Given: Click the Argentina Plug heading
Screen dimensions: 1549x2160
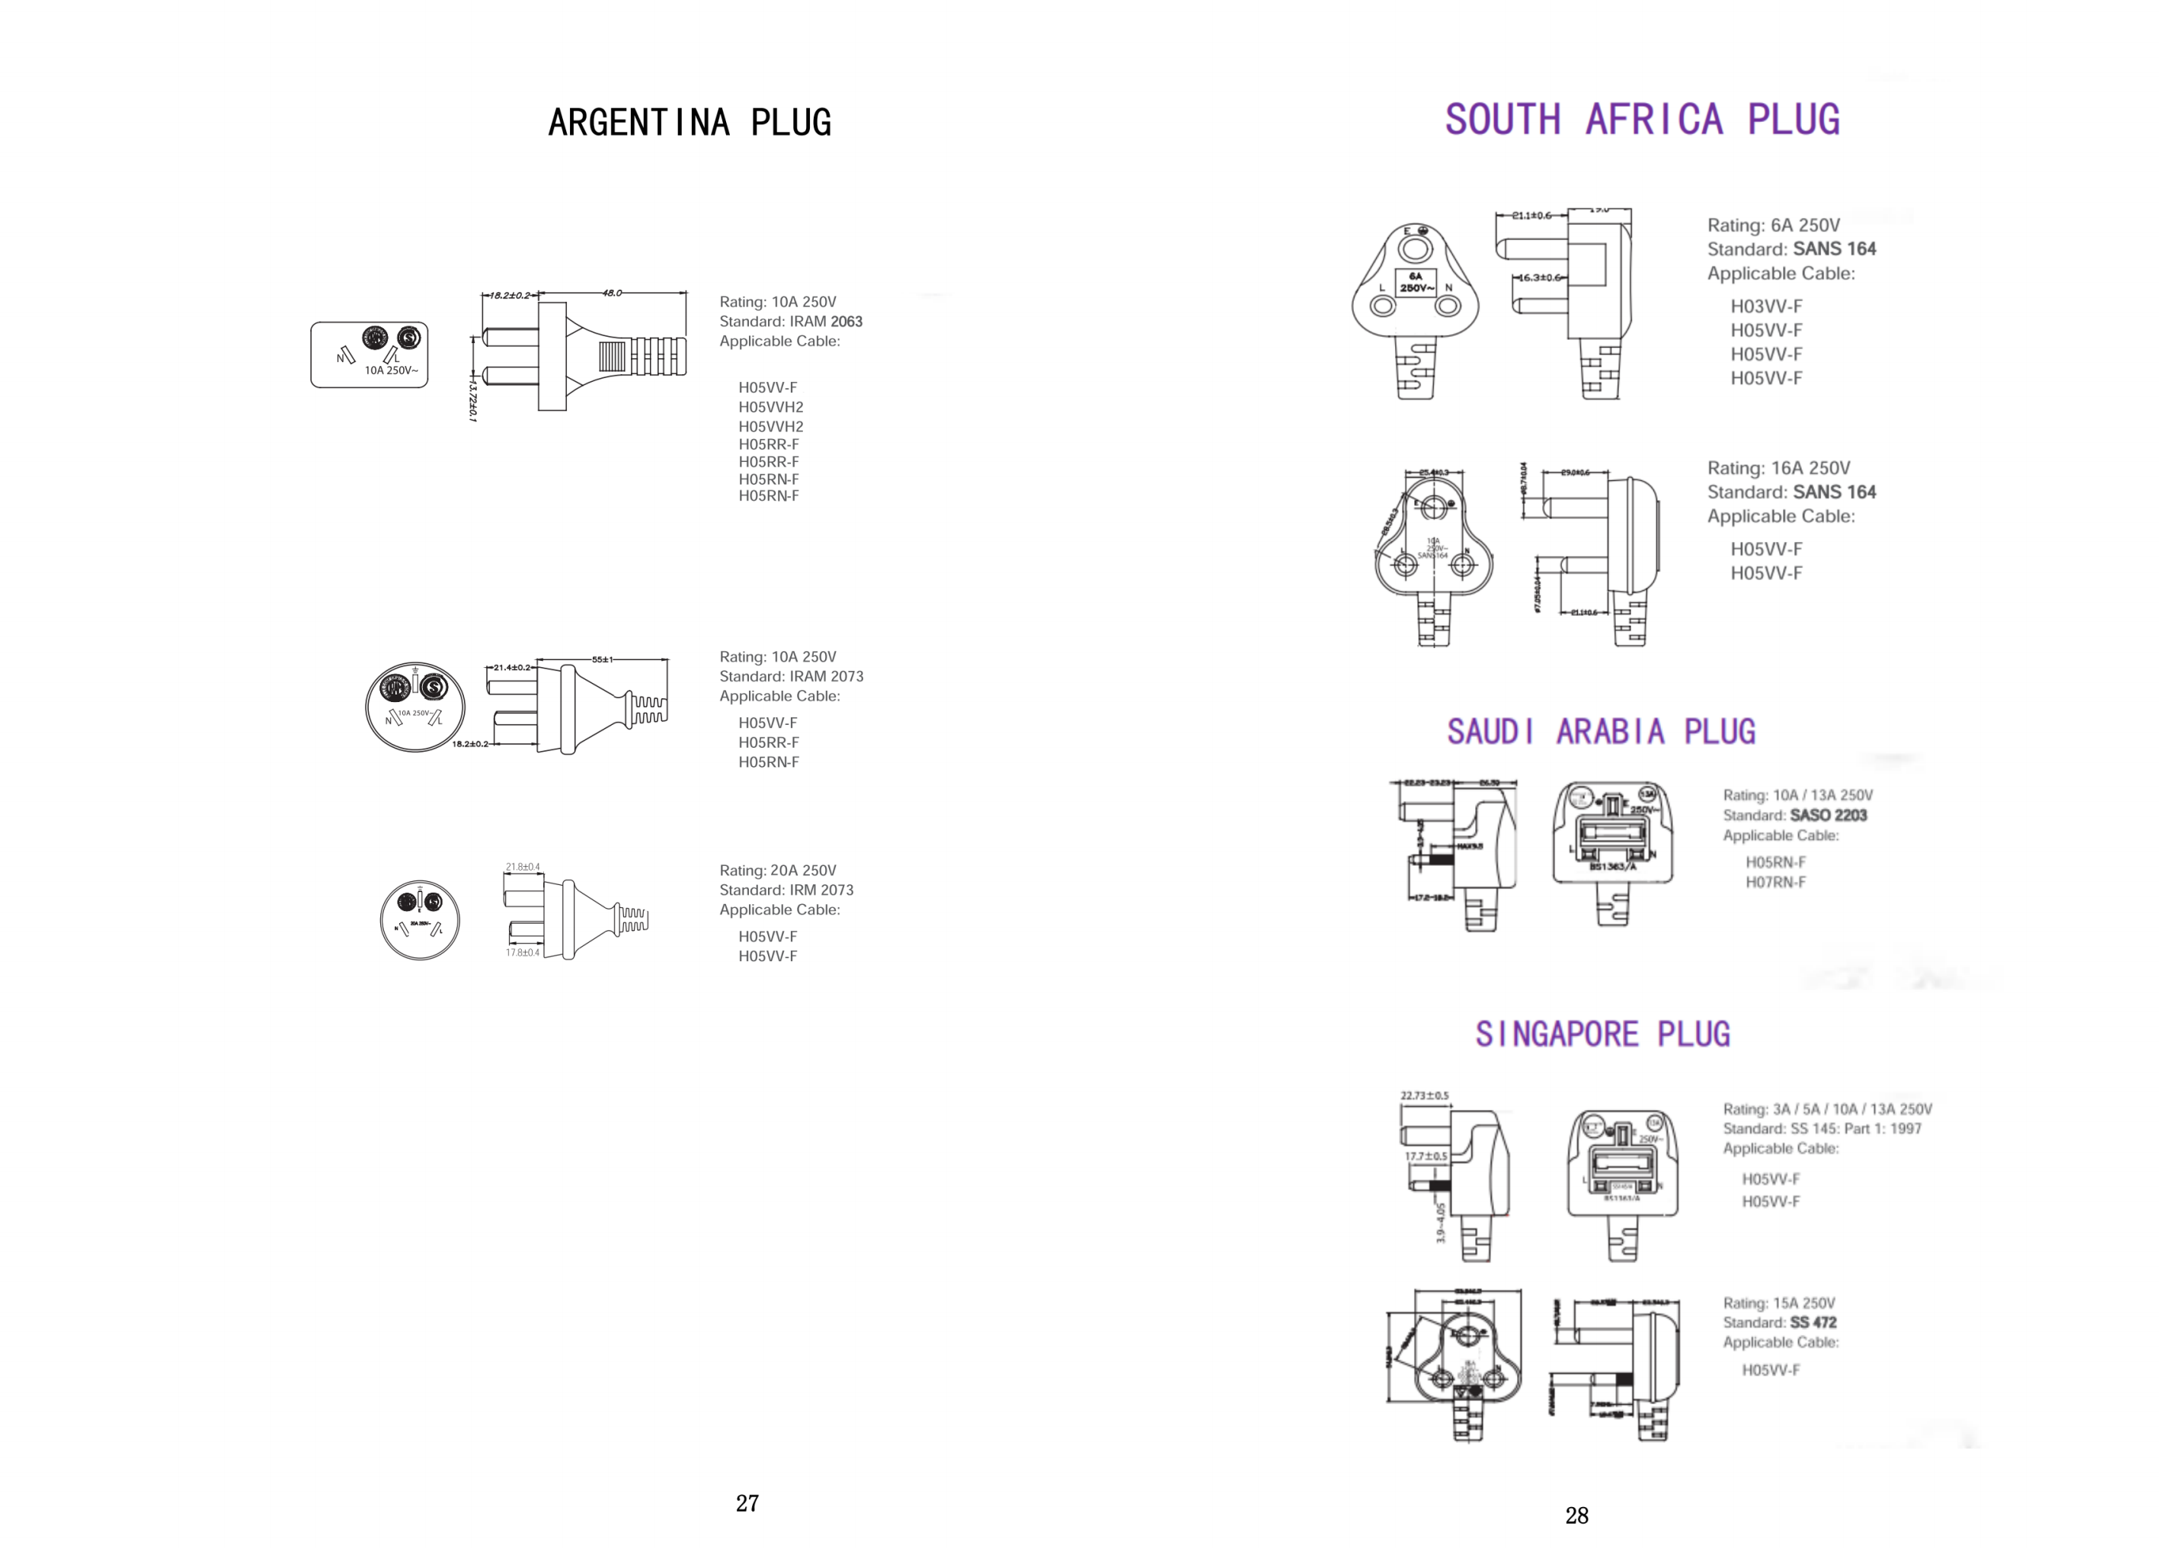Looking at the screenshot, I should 690,123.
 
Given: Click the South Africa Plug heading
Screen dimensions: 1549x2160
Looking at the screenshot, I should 1642,120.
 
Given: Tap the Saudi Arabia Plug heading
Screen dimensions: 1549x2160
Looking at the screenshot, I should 1601,732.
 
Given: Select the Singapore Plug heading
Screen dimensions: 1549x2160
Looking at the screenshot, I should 1602,1034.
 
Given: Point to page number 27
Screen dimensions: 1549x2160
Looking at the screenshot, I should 747,1503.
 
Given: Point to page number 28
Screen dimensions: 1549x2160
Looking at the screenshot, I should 1576,1515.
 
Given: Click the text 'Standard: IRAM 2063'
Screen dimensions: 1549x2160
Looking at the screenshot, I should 791,322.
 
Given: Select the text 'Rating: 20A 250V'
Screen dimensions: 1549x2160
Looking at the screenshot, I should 777,871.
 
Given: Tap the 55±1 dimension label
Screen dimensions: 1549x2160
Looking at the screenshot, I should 602,659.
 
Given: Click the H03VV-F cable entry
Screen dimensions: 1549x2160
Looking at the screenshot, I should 1766,306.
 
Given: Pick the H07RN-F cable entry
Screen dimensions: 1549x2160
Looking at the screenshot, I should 1775,882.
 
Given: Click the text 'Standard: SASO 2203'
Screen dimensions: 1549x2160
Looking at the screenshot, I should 1794,816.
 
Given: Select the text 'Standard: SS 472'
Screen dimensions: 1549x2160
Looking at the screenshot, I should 1779,1323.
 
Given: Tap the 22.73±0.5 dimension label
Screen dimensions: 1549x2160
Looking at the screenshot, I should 1424,1095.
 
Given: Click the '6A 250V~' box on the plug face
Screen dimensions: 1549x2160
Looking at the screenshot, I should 1416,283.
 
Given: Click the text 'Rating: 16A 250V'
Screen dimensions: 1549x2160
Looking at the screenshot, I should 1778,469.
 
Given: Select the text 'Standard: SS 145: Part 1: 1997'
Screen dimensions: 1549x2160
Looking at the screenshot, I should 1821,1129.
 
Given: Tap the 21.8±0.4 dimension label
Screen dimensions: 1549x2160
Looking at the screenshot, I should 523,867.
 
